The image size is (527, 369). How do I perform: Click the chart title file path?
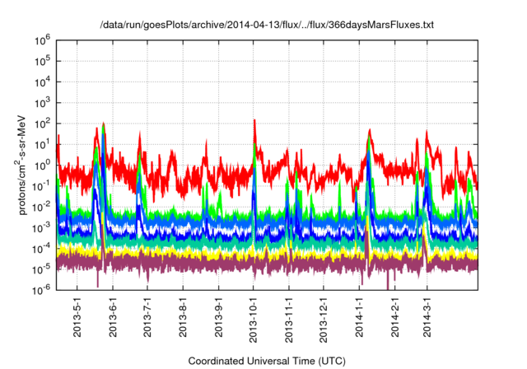pos(267,26)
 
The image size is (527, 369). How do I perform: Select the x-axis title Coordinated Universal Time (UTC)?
pos(266,361)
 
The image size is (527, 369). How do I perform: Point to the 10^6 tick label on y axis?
pos(43,40)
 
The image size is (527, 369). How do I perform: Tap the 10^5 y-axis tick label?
pos(43,60)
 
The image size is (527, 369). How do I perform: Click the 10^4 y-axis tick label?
pos(43,81)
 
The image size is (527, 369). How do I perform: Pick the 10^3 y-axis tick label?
pos(43,102)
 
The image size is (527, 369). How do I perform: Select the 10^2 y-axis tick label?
pos(43,123)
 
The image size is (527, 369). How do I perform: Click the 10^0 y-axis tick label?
pos(43,164)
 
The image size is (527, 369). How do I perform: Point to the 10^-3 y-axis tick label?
pos(42,227)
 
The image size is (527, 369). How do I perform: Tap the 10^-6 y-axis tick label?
pos(42,289)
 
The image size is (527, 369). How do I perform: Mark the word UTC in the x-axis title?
pos(330,361)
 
